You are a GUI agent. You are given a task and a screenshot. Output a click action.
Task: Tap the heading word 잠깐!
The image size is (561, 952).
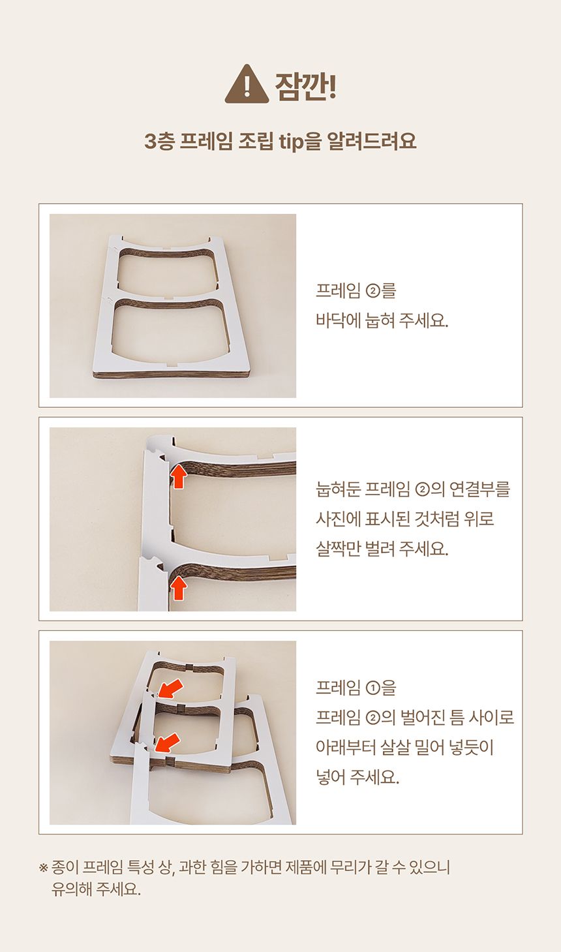305,86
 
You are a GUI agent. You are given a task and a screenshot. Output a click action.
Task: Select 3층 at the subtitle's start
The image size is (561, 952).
159,142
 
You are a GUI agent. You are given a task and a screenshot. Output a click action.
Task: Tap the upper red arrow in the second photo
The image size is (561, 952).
179,476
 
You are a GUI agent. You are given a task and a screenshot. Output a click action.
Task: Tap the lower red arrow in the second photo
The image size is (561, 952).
179,588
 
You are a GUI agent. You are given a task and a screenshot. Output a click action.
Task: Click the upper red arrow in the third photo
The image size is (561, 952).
170,688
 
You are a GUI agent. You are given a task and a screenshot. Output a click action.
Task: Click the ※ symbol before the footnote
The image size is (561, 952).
43,868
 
